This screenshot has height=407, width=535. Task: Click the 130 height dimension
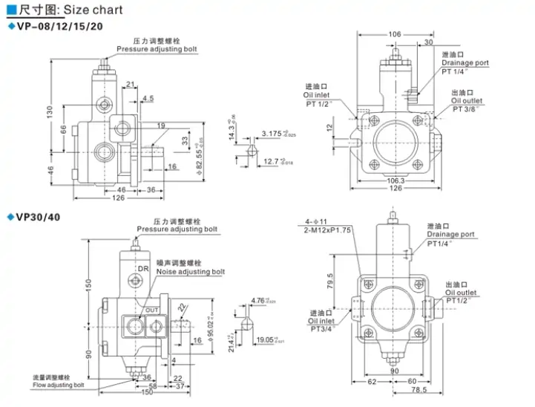(50, 111)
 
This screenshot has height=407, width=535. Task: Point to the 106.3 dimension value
(396, 180)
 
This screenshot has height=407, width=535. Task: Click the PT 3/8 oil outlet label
(465, 108)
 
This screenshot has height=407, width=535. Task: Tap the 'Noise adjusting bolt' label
(190, 272)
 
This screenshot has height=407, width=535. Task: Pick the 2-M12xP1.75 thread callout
(327, 230)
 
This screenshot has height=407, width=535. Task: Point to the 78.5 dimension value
(419, 389)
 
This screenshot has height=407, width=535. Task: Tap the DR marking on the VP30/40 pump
(143, 268)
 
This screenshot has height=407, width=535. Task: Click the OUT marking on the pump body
(151, 309)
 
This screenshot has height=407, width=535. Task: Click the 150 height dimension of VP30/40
(88, 286)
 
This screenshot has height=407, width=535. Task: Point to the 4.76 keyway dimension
(259, 301)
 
